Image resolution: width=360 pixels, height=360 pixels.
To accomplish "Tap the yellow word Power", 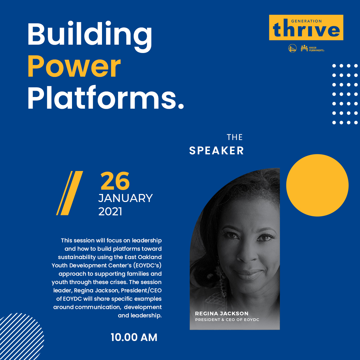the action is tap(74, 66).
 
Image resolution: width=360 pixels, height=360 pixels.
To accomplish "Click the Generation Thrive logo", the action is tap(306, 28).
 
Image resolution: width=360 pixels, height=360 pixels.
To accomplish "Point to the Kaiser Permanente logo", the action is tap(312, 48).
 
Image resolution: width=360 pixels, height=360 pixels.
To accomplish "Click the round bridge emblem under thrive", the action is tap(293, 48).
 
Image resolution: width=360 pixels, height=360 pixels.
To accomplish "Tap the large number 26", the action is tap(115, 181).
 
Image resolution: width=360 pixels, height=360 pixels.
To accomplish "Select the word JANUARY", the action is tap(125, 198).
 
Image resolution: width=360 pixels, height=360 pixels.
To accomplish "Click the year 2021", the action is tap(110, 211).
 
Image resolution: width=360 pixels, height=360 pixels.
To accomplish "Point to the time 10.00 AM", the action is tap(134, 337).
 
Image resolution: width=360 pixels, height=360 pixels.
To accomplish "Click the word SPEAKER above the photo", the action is tap(217, 151).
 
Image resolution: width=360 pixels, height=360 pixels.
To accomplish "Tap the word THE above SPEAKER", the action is tap(235, 137).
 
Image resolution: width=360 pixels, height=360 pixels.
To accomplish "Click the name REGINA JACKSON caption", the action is tap(222, 313).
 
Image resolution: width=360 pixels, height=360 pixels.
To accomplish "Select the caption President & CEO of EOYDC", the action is tap(227, 320).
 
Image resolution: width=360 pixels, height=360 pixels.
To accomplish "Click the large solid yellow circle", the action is tap(317, 185).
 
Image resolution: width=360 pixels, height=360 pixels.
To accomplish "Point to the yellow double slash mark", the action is tap(70, 193).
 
